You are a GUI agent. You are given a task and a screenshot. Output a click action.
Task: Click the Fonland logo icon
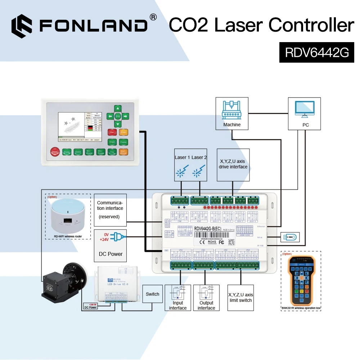point(22,26)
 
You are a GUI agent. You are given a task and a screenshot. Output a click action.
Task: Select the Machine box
point(232,113)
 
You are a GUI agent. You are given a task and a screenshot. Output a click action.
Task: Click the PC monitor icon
point(304,109)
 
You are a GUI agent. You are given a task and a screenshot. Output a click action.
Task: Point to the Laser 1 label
point(181,157)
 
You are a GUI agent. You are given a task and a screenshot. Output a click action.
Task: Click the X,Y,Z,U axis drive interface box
point(233,164)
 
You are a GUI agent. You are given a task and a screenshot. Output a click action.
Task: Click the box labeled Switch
point(152,294)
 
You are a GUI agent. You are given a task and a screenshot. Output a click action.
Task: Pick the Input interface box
point(177,298)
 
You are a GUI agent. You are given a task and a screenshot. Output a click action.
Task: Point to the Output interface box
point(206,298)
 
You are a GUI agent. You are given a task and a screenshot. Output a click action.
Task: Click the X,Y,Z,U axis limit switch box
point(240,298)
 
